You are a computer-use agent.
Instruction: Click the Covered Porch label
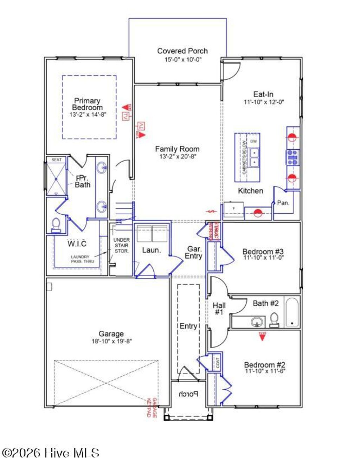click(x=182, y=51)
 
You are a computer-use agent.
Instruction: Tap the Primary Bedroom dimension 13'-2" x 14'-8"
click(x=88, y=115)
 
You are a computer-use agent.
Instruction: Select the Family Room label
click(x=177, y=149)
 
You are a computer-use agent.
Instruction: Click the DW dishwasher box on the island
click(x=253, y=141)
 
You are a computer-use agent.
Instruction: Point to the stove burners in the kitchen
click(x=292, y=157)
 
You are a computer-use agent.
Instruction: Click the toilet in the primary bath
click(x=56, y=225)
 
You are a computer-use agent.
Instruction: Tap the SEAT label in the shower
click(x=56, y=160)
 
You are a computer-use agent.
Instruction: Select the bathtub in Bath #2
click(x=292, y=312)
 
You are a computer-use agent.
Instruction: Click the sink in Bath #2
click(x=258, y=321)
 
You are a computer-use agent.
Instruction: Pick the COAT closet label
click(x=218, y=363)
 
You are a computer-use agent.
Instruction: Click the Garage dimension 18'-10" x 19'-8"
click(x=111, y=341)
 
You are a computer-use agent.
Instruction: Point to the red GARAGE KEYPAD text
click(x=152, y=408)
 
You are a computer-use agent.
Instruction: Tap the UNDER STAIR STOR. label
click(x=121, y=245)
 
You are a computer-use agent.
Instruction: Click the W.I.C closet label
click(x=77, y=244)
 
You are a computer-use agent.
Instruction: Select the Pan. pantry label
click(x=283, y=203)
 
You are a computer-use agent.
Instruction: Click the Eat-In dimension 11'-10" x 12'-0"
click(x=264, y=102)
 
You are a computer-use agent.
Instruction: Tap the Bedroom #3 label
click(x=263, y=252)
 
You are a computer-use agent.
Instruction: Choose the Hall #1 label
click(x=219, y=309)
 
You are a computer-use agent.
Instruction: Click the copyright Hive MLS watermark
click(x=51, y=453)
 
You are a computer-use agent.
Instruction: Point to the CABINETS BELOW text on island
click(x=244, y=157)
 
